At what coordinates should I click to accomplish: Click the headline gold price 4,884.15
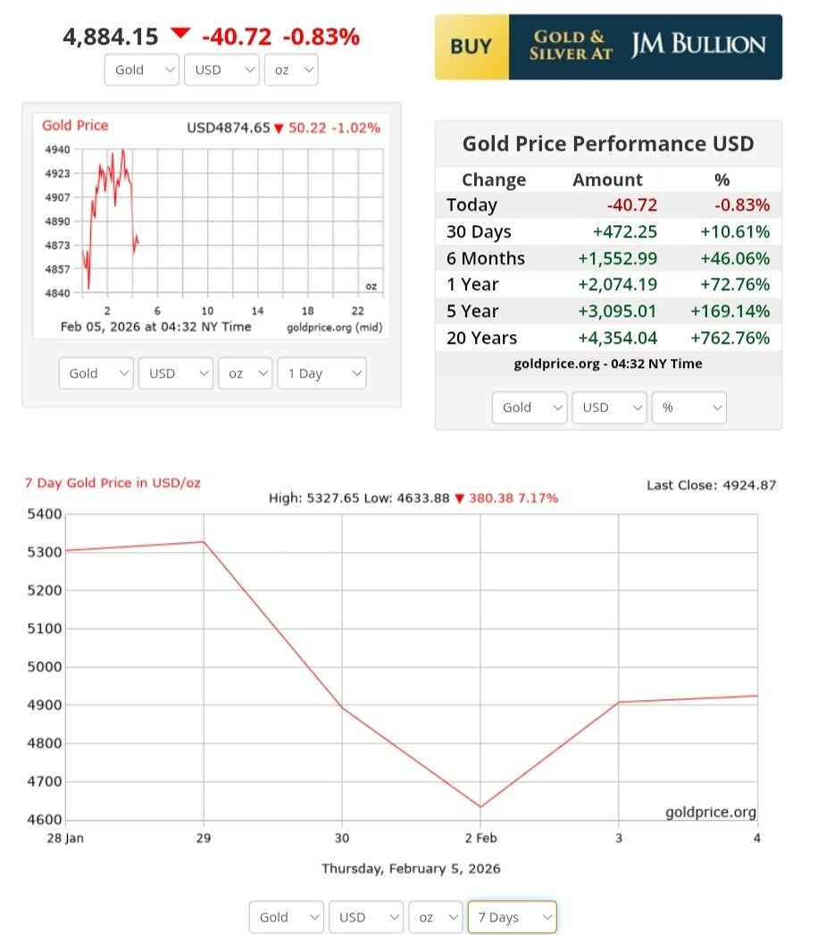pos(111,37)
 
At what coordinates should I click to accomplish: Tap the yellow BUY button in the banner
pos(471,46)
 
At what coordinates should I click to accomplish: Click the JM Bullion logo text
pos(698,46)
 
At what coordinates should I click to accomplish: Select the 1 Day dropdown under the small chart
pos(321,373)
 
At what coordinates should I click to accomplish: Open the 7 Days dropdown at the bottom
pos(512,917)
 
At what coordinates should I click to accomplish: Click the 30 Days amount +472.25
pos(625,231)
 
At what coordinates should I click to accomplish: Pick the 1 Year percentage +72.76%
pos(736,285)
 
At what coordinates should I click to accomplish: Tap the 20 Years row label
pos(481,338)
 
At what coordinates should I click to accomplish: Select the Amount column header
pos(607,179)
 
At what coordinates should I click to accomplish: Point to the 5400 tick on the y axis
pos(45,514)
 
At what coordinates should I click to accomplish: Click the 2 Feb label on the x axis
pos(480,839)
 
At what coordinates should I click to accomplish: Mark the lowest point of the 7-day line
pos(480,807)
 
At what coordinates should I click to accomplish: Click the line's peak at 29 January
pos(204,542)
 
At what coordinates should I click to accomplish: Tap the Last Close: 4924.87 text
pos(711,485)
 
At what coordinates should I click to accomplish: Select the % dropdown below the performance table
pos(688,407)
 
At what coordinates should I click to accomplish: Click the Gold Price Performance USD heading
pos(608,144)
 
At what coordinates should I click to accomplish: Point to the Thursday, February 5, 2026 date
pos(411,868)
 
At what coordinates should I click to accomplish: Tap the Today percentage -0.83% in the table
pos(741,205)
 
